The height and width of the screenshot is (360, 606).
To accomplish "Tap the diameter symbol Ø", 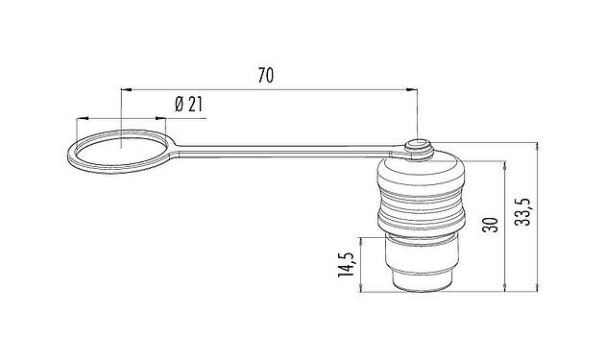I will [181, 105].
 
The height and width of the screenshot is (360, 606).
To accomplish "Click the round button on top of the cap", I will [418, 146].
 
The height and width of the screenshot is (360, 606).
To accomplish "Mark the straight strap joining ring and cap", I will [288, 150].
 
